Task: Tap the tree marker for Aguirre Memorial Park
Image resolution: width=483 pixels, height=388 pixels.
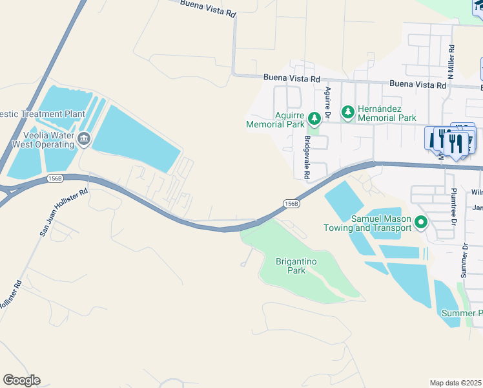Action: tap(314, 118)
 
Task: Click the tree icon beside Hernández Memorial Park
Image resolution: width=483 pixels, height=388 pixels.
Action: tap(348, 113)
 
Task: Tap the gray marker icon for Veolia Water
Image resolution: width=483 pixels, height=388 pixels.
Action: tap(84, 138)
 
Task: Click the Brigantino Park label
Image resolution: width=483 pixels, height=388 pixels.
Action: tap(291, 266)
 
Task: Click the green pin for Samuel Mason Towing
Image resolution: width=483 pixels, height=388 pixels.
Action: tap(421, 223)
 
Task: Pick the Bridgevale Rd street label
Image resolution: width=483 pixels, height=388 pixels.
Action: tap(307, 157)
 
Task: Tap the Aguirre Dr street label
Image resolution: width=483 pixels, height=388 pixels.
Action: tap(328, 103)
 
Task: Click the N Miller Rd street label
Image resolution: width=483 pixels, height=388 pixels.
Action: tap(452, 61)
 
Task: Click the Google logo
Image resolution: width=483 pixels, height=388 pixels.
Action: tap(21, 380)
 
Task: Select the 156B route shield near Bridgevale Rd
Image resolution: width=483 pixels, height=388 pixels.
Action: tap(291, 204)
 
